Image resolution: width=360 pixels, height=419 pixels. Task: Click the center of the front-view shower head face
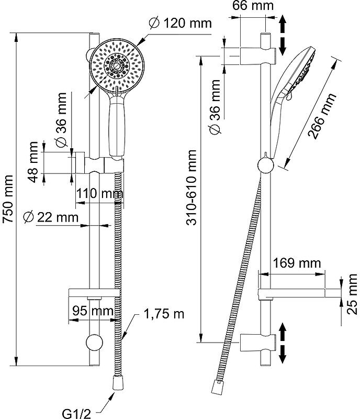[118, 65]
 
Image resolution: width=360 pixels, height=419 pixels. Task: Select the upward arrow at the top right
[283, 23]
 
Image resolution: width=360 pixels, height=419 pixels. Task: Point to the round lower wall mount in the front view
[94, 343]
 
